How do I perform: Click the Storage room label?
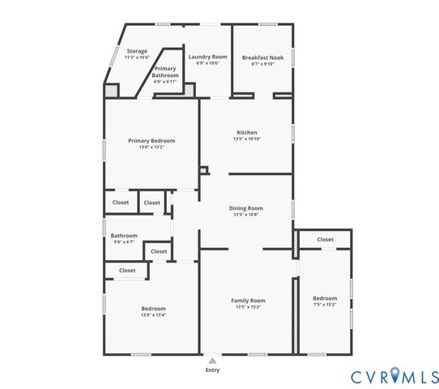click(136, 51)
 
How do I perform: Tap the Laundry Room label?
click(207, 57)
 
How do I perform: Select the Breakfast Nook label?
click(262, 58)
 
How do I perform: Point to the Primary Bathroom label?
click(165, 72)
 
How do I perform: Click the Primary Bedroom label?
click(151, 140)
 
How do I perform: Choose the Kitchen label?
click(247, 132)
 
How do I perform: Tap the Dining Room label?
click(247, 208)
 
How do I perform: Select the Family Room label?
click(247, 301)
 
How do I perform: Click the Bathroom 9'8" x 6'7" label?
click(124, 236)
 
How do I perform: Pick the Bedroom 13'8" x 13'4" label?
click(154, 308)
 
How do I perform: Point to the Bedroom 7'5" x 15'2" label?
click(325, 298)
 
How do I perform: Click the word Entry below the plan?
click(212, 370)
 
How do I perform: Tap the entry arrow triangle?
click(212, 360)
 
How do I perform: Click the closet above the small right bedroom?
click(325, 239)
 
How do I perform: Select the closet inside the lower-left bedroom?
click(127, 271)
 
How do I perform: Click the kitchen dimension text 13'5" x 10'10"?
click(247, 139)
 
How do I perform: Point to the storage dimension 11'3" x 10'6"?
click(136, 58)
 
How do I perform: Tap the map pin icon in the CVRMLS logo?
click(395, 374)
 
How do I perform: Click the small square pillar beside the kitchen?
click(204, 170)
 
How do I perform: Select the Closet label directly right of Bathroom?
click(159, 251)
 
